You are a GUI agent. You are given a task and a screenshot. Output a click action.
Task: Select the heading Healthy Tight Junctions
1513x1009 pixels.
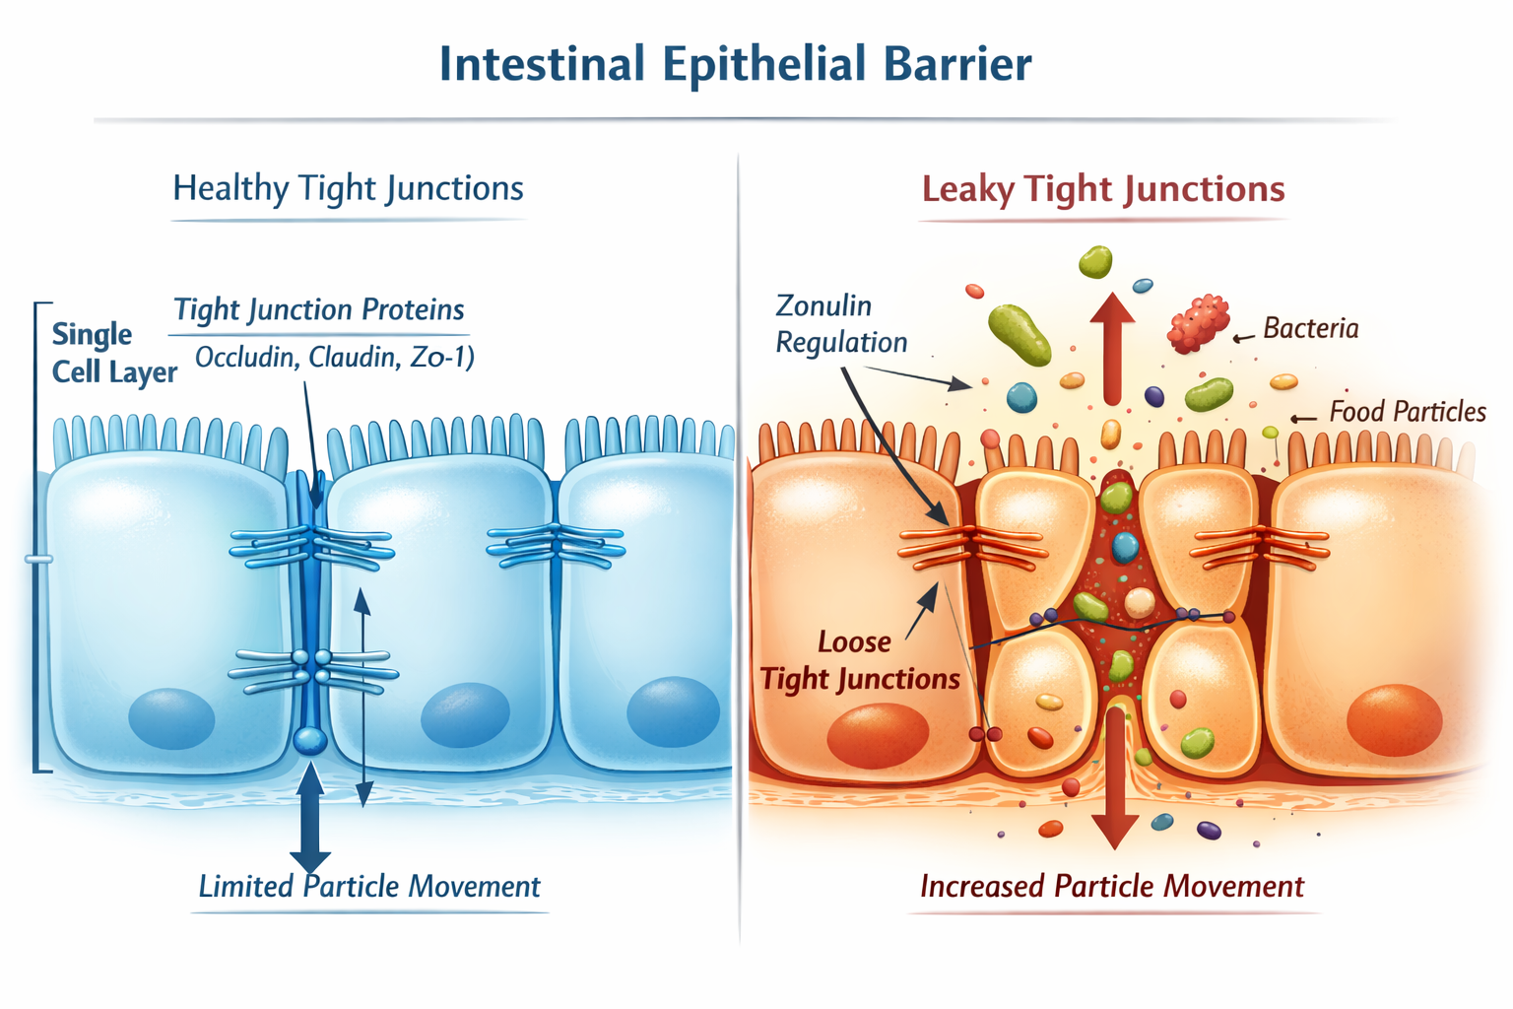[348, 188]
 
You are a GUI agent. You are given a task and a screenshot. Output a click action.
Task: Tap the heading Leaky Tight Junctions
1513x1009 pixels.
[1102, 188]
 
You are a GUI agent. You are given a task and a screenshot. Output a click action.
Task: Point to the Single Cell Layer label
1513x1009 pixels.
[112, 353]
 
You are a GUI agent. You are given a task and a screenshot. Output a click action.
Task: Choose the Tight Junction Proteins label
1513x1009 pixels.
[318, 309]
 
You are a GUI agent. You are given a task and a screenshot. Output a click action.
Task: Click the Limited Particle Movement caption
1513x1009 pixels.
[369, 886]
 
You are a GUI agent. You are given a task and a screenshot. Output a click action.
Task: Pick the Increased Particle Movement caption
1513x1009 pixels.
[1111, 886]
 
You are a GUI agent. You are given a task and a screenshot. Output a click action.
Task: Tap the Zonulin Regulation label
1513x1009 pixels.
[840, 323]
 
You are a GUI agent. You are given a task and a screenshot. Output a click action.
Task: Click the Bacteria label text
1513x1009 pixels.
[1310, 328]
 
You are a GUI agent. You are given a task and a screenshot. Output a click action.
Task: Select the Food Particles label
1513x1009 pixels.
[1407, 411]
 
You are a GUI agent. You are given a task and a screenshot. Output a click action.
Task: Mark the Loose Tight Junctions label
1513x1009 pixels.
[859, 660]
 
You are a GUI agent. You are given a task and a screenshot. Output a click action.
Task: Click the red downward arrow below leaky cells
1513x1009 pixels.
[1115, 778]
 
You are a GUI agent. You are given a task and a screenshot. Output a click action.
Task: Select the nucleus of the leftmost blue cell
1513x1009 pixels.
[171, 718]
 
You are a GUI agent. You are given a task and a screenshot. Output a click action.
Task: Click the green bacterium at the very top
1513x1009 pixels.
[1095, 261]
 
